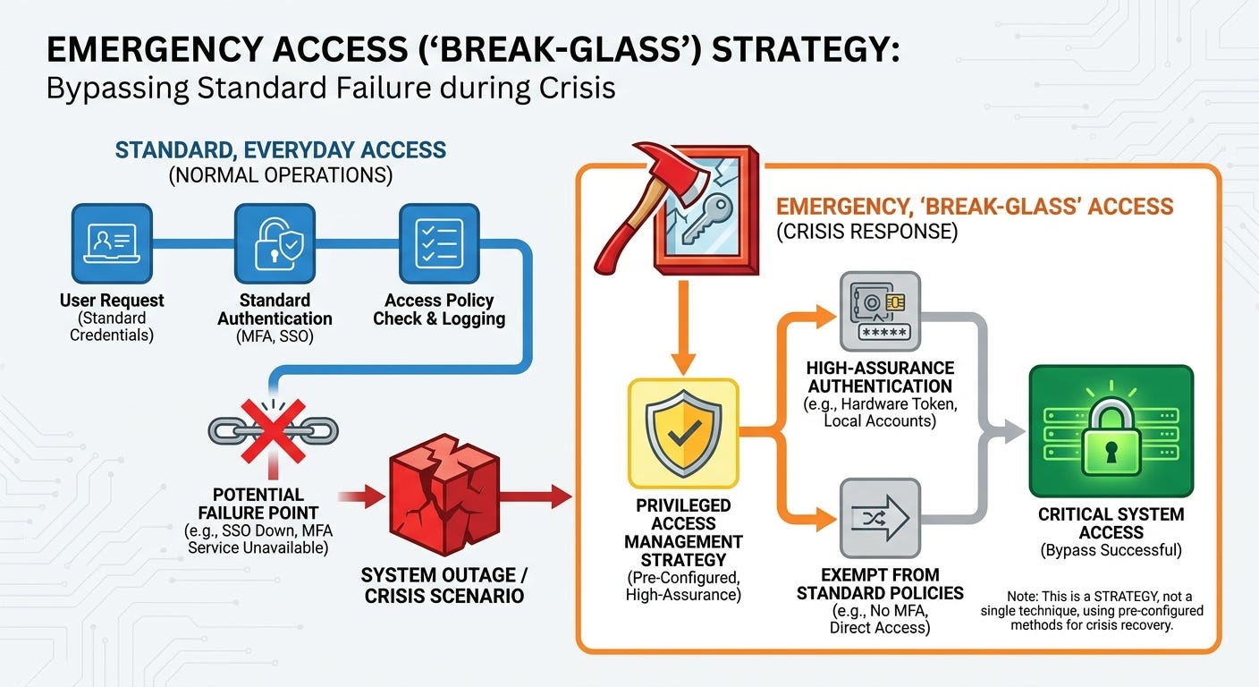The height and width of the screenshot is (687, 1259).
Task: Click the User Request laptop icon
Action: (x=112, y=243)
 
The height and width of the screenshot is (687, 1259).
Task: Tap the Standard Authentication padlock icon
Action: (x=275, y=243)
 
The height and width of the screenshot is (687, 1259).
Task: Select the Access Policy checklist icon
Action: (x=439, y=243)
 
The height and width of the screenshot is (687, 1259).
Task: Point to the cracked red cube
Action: (x=444, y=495)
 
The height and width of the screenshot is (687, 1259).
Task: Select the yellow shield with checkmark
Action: (x=683, y=433)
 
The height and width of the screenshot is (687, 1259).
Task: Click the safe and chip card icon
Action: (x=880, y=311)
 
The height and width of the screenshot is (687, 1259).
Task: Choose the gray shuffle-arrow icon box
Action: (x=880, y=518)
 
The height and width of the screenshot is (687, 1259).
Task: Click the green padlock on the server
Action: (x=1111, y=437)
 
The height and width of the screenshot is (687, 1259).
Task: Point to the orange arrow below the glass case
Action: (x=683, y=327)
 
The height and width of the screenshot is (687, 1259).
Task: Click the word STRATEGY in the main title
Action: (x=806, y=49)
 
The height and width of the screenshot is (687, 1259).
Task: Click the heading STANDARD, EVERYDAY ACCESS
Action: (x=281, y=150)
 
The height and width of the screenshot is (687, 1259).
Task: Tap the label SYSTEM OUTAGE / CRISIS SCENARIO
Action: (x=444, y=585)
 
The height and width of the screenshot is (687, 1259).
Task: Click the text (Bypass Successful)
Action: (x=1111, y=550)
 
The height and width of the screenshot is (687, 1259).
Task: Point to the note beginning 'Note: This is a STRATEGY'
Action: (x=1092, y=611)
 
